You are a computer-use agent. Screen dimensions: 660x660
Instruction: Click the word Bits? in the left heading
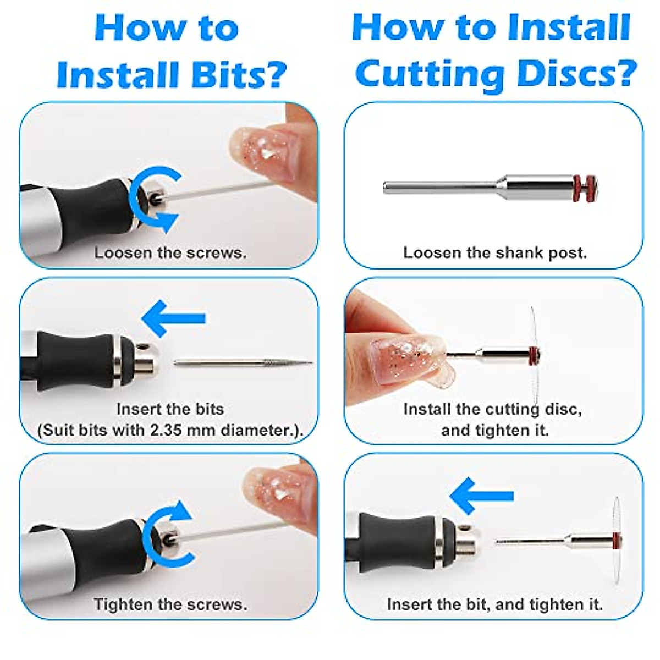click(239, 74)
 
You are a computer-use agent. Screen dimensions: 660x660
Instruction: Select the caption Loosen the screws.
click(170, 253)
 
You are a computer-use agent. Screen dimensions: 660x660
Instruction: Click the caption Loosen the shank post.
click(495, 253)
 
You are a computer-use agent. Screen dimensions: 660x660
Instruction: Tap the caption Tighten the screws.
click(170, 604)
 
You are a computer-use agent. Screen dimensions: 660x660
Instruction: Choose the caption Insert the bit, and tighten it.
click(495, 604)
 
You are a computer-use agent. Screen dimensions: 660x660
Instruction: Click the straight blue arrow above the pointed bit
click(174, 318)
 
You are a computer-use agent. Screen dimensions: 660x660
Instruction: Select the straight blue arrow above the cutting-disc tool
click(482, 496)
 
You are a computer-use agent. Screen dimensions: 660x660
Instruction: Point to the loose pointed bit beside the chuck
click(243, 362)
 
